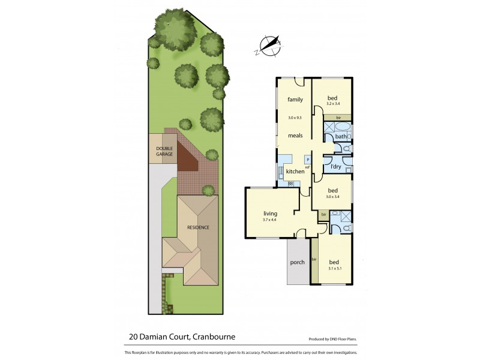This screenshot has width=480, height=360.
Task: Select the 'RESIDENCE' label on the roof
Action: click(x=198, y=227)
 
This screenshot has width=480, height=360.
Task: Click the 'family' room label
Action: click(x=295, y=99)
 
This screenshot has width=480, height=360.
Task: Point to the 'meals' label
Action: click(x=295, y=136)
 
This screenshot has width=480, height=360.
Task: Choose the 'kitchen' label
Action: click(x=295, y=172)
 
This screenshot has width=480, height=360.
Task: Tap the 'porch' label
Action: click(x=297, y=262)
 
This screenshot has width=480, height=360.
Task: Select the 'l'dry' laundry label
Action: click(x=335, y=166)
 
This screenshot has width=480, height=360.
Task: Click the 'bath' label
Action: click(x=340, y=136)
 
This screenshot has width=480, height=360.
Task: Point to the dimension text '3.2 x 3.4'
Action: click(x=333, y=104)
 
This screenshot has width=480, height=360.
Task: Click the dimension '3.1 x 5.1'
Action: click(x=335, y=268)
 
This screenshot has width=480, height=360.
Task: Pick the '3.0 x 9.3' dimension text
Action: click(x=295, y=118)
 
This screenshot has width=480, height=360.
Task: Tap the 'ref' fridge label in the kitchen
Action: click(x=307, y=167)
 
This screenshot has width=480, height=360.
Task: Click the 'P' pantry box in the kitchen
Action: click(x=307, y=159)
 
